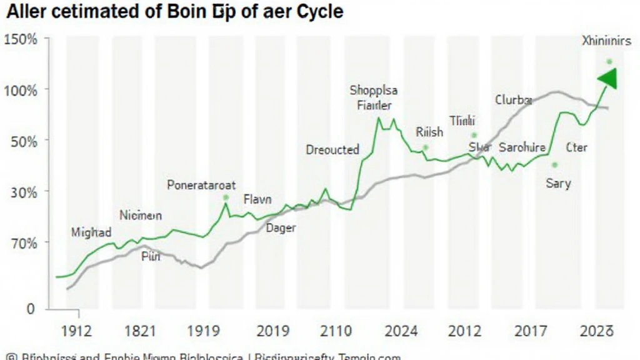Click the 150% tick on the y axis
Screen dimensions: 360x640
(x=21, y=39)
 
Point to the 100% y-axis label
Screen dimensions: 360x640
(x=21, y=90)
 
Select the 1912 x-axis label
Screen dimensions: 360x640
(x=73, y=331)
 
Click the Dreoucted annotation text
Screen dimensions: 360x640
(x=332, y=150)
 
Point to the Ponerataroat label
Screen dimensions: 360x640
(x=201, y=185)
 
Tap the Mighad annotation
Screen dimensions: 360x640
(x=91, y=232)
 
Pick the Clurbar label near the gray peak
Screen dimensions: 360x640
(x=514, y=99)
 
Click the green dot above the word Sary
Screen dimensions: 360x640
(x=554, y=165)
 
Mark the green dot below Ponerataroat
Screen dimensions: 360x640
(x=226, y=197)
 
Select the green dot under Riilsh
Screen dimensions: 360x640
(x=425, y=147)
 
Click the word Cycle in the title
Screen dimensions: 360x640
(x=317, y=12)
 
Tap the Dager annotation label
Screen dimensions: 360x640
(x=281, y=228)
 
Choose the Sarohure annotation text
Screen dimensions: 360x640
(x=522, y=148)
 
